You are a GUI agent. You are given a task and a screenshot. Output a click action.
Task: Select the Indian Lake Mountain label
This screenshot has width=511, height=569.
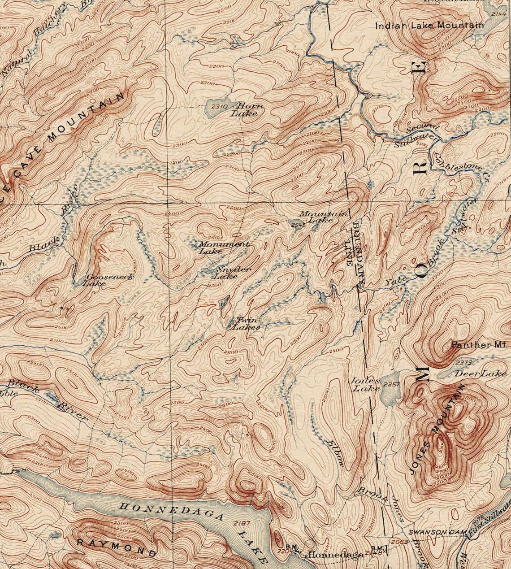tap(429, 26)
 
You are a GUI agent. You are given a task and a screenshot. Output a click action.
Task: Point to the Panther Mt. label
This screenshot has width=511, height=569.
tap(479, 345)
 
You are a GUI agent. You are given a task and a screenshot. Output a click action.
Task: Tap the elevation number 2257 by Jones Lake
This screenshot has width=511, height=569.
tap(391, 385)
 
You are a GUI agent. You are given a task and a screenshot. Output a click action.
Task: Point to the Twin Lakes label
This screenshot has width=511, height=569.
tap(246, 324)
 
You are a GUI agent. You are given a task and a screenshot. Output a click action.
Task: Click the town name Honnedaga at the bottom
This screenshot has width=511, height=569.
tap(334, 555)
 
